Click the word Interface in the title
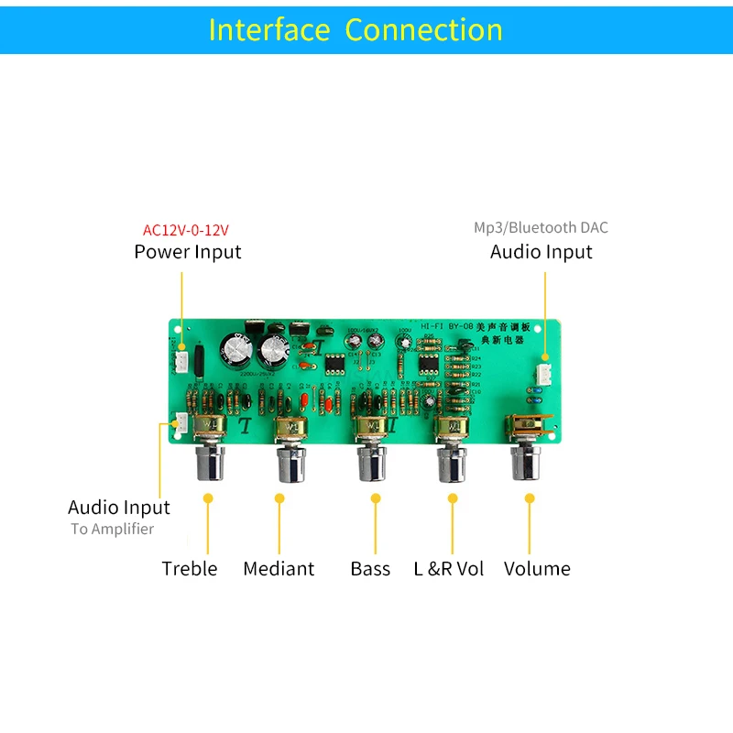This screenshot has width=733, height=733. click(x=268, y=30)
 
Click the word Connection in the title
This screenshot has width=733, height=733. click(x=423, y=30)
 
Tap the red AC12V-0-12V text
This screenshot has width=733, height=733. click(x=185, y=229)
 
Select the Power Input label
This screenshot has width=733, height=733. click(x=188, y=252)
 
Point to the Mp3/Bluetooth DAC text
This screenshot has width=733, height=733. click(x=541, y=227)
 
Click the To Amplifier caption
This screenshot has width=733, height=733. click(x=113, y=529)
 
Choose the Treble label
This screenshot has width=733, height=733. click(x=190, y=569)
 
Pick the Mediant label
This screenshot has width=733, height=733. click(x=279, y=569)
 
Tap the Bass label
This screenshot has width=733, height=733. click(x=370, y=569)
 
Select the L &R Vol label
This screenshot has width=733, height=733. click(x=449, y=569)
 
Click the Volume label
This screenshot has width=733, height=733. click(x=537, y=569)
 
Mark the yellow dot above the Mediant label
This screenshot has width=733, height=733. click(x=279, y=498)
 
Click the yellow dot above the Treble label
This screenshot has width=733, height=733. click(x=208, y=498)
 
